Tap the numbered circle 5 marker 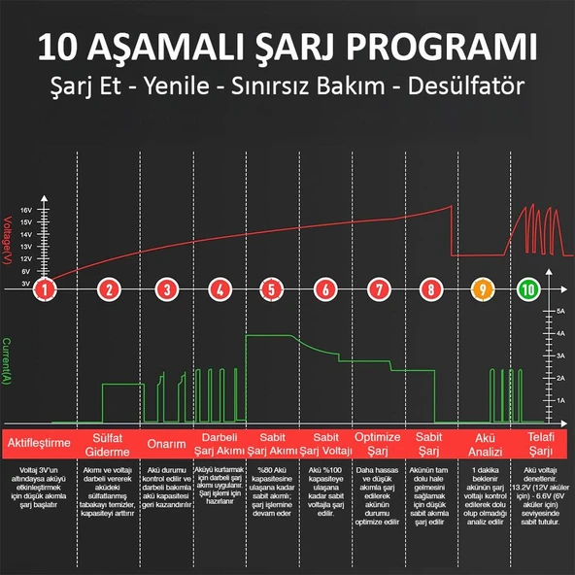pos(271,288)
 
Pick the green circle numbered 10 pos(527,288)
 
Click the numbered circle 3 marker pos(167,288)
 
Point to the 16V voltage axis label pos(26,211)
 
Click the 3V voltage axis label pos(26,284)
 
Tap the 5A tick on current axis pos(561,310)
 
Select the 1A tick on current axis pos(561,399)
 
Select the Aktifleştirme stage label pos(40,443)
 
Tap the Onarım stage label pos(166,444)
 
